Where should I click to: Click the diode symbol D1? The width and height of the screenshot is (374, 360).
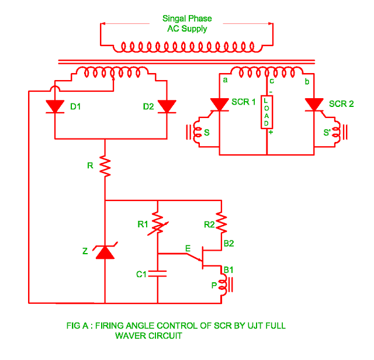click(54, 106)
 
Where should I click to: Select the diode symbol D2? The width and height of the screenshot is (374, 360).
click(167, 106)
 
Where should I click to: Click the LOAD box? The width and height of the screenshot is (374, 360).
click(266, 112)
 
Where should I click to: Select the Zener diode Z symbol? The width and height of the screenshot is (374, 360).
click(105, 252)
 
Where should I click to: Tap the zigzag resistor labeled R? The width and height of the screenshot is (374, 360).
click(105, 167)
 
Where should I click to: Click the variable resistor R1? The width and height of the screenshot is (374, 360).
click(157, 223)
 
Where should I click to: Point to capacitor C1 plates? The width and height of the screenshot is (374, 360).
click(157, 274)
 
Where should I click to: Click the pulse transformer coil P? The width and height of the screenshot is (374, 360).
click(221, 286)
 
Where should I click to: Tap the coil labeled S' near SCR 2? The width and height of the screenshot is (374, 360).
click(335, 133)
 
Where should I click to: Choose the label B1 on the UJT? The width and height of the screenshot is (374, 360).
click(228, 269)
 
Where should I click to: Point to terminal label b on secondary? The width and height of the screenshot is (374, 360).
click(306, 82)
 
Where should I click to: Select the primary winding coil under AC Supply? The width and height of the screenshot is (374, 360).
click(186, 47)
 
